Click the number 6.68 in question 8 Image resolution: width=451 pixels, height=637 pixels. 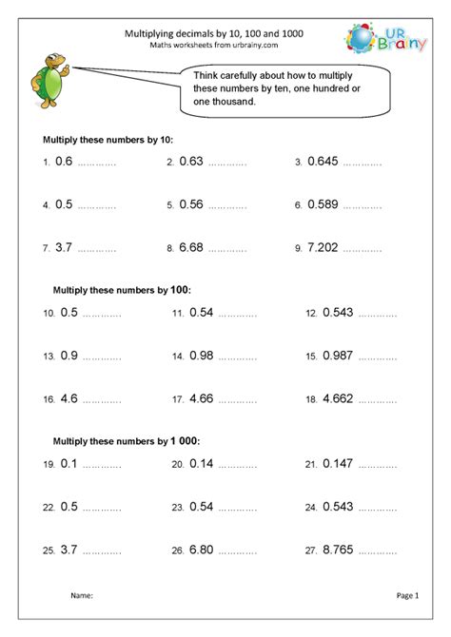coord(191,247)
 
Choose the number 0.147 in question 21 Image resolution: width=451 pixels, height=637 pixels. coord(341,464)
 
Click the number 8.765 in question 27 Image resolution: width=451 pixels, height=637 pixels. coord(341,549)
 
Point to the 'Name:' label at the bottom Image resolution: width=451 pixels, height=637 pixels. coord(82,596)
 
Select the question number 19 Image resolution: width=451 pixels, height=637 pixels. coord(48,466)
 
